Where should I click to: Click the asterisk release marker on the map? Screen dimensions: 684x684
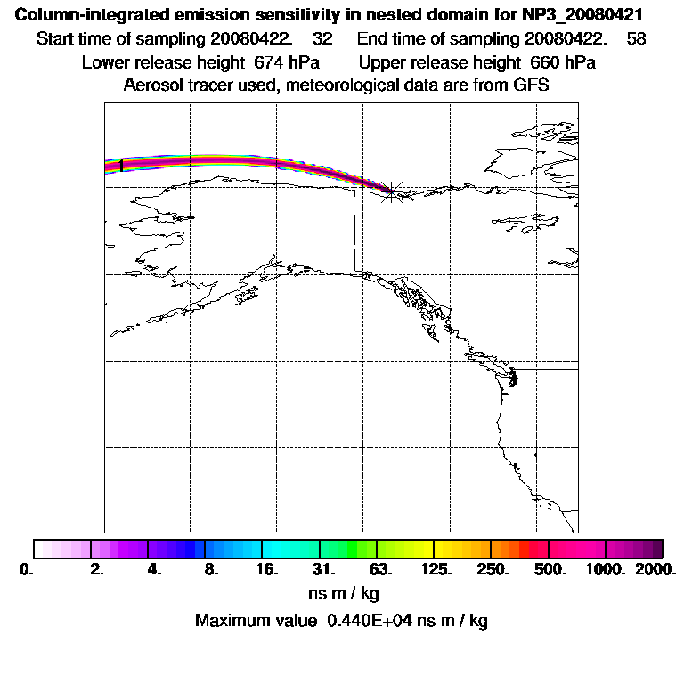391,191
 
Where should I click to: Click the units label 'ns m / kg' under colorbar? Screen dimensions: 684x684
342,593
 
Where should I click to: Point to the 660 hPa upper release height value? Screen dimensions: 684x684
563,63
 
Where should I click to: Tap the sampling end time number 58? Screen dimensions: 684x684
637,39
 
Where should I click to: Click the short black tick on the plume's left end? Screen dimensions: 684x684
120,165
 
